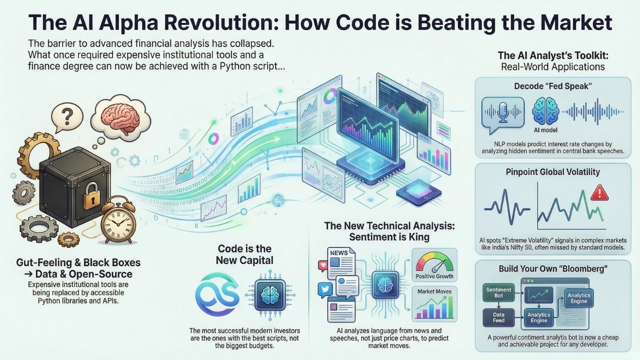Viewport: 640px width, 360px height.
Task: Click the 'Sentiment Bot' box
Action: (x=498, y=293)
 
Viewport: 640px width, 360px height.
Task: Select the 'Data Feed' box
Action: (x=498, y=316)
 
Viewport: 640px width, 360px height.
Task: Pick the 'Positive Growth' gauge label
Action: (x=434, y=276)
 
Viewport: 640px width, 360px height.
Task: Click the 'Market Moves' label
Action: (x=433, y=291)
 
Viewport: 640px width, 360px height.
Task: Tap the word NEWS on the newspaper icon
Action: (x=338, y=253)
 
